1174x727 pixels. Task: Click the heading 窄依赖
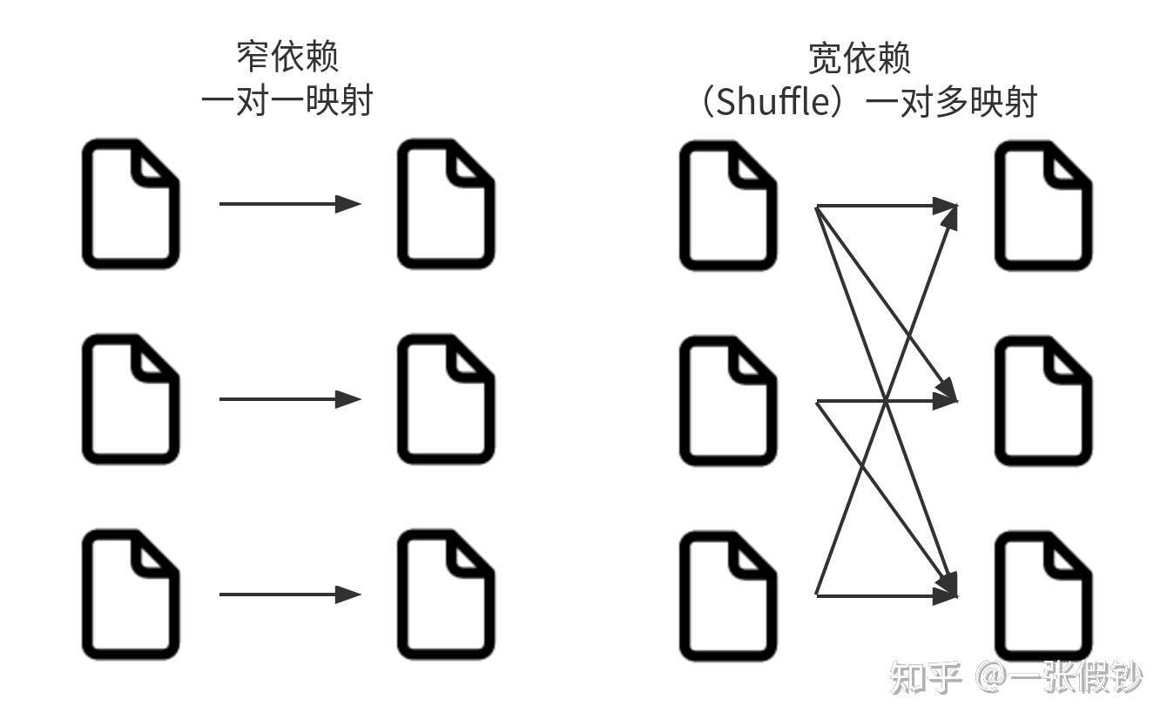[x=287, y=57]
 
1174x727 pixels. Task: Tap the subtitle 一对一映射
[x=287, y=101]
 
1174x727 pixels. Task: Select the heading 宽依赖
[x=859, y=58]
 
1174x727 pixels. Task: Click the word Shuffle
[x=766, y=103]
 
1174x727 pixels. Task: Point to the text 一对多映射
[x=953, y=103]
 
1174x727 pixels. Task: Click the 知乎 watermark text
[x=924, y=677]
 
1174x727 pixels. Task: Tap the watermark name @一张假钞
[x=1058, y=677]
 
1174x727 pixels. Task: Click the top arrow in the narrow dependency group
[x=289, y=204]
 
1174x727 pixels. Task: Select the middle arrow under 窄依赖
[x=289, y=399]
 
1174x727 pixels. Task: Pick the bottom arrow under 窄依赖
[x=289, y=595]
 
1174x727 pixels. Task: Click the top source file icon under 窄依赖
[x=131, y=204]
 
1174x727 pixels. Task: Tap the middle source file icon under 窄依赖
[x=131, y=399]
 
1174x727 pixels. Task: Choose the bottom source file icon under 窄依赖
[x=131, y=595]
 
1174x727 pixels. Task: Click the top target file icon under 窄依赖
[x=446, y=204]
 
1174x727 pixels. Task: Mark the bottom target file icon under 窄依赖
[x=446, y=595]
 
